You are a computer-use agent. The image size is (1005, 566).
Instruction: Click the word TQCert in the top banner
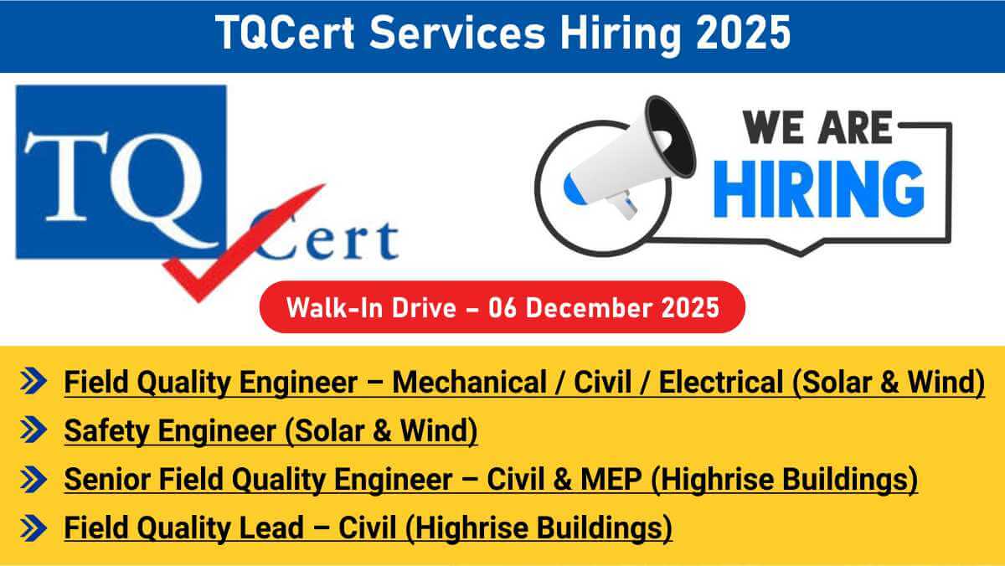285,33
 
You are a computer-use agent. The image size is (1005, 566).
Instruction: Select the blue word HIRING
819,189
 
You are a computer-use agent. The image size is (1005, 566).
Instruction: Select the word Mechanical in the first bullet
469,382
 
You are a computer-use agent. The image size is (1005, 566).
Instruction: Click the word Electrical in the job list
721,382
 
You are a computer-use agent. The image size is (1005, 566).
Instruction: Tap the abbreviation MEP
611,479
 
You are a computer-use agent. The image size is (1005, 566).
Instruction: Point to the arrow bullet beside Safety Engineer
33,430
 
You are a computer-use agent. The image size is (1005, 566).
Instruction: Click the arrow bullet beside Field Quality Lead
33,527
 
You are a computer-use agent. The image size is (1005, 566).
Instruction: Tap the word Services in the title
457,33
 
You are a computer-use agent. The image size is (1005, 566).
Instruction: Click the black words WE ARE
817,128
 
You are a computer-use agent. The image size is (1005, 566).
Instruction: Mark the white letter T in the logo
67,176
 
